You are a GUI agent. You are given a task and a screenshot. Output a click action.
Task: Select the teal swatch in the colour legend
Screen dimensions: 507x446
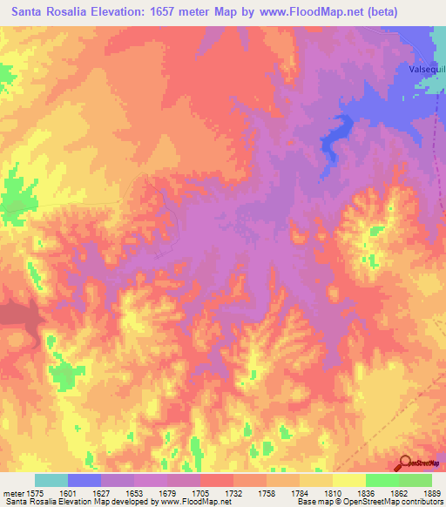(51, 480)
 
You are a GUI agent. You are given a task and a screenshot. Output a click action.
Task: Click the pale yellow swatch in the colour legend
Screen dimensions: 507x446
(348, 480)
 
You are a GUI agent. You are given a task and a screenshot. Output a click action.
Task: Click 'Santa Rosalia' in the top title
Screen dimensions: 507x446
(51, 12)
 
